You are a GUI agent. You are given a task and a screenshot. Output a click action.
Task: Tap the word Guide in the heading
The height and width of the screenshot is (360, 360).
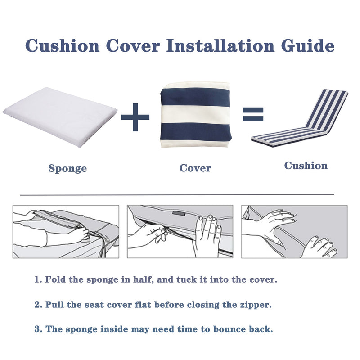pos(307,46)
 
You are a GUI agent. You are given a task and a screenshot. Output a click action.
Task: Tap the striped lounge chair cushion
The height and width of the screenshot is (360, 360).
pos(301,119)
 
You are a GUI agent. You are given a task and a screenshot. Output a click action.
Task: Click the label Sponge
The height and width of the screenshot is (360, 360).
pos(67,169)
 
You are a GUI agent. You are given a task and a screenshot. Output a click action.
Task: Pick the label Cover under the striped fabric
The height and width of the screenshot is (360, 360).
pos(195,168)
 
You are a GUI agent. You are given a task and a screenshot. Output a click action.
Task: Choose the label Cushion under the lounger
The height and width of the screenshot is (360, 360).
pos(306,166)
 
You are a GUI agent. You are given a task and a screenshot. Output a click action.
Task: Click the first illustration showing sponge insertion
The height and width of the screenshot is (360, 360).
pos(66,232)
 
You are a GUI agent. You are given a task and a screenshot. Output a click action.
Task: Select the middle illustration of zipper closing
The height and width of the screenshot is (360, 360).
pos(180,232)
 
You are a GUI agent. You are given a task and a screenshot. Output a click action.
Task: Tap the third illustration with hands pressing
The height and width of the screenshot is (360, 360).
pos(294,232)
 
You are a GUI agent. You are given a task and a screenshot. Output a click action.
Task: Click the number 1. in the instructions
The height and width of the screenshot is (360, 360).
pos(38,279)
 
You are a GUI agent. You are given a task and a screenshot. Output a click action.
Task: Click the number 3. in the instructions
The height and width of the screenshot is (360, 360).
pos(38,329)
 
